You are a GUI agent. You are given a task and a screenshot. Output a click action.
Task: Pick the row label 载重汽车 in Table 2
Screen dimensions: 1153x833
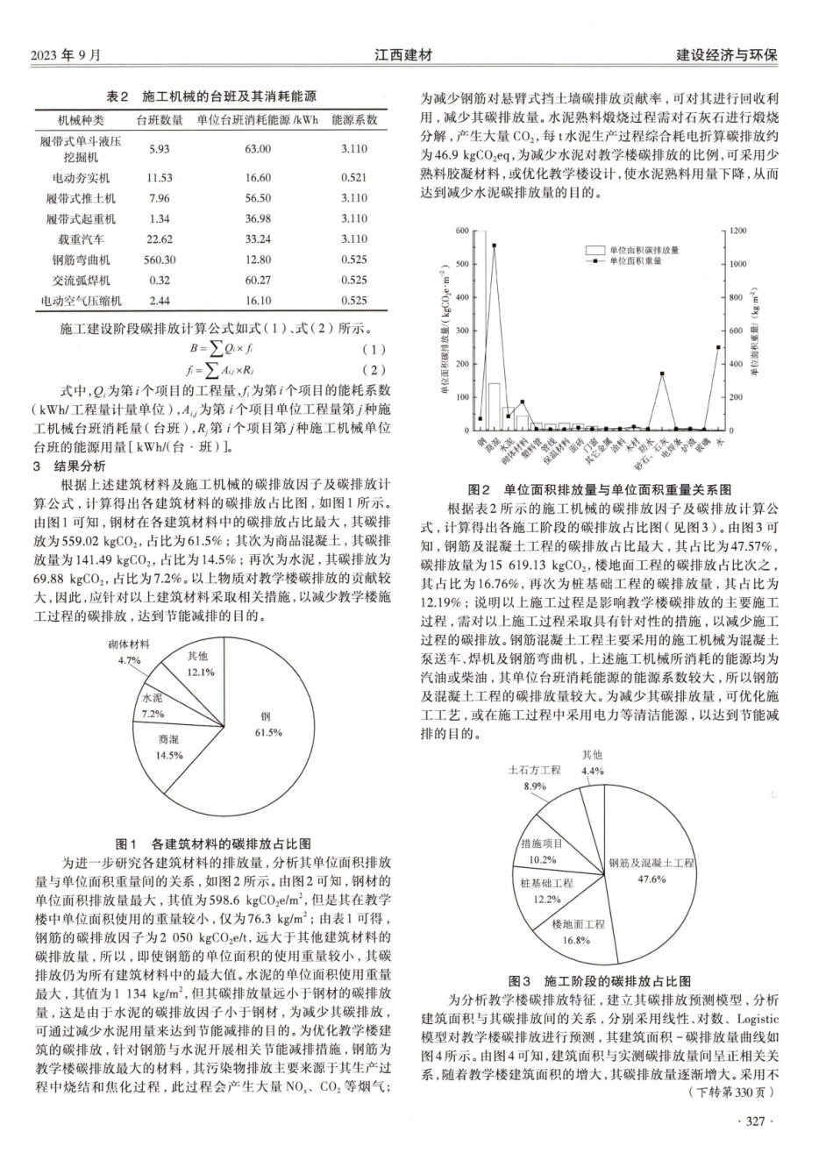click(81, 238)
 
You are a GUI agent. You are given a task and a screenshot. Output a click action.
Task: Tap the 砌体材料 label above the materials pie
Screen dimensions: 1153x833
click(129, 644)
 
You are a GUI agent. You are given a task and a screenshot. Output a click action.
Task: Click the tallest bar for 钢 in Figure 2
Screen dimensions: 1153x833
click(480, 333)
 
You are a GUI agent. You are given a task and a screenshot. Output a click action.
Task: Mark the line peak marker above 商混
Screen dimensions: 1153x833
click(494, 246)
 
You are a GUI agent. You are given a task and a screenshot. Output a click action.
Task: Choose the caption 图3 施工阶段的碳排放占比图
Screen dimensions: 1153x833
click(600, 980)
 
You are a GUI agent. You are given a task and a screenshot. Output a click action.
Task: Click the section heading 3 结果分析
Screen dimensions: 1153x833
click(69, 466)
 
